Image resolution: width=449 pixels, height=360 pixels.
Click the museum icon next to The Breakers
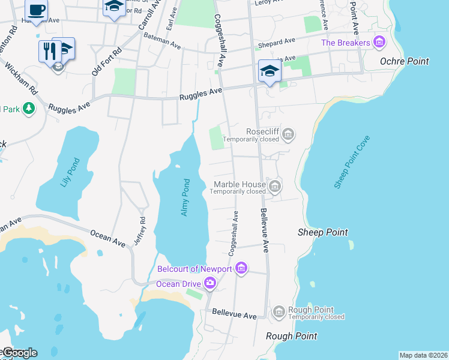(379, 43)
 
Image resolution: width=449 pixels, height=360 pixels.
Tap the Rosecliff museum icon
(288, 133)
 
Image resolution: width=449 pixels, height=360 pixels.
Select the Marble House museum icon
(275, 187)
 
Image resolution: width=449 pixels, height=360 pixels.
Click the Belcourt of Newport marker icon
(241, 268)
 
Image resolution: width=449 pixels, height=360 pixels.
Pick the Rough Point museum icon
(279, 311)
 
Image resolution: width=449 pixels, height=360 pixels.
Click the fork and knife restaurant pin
(49, 50)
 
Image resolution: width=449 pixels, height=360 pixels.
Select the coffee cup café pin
(36, 10)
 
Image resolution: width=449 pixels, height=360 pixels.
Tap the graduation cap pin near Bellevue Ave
(270, 71)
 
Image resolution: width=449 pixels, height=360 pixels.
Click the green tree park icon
(28, 109)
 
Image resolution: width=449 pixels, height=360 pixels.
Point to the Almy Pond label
(185, 197)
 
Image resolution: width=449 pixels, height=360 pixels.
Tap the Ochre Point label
(405, 61)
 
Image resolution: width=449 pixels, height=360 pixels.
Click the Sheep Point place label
(323, 232)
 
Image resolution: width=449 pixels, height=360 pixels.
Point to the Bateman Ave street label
(162, 41)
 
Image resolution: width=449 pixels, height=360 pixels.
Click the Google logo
(19, 353)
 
